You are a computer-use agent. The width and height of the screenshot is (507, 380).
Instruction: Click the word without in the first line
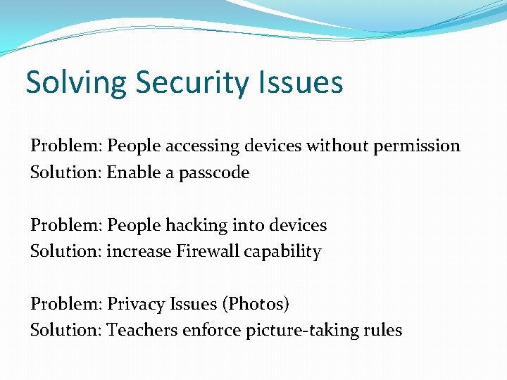(332, 146)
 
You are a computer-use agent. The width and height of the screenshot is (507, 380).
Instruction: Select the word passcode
(214, 172)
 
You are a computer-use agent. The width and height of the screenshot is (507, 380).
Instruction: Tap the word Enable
(134, 172)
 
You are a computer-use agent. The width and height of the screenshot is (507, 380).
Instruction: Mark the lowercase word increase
(137, 251)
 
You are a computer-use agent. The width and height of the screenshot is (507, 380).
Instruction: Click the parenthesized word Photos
(255, 304)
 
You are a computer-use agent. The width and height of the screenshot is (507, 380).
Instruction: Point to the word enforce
(211, 330)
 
